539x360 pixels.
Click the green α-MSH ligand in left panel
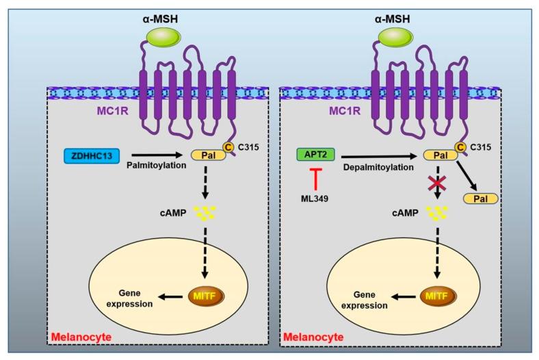click(x=163, y=38)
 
